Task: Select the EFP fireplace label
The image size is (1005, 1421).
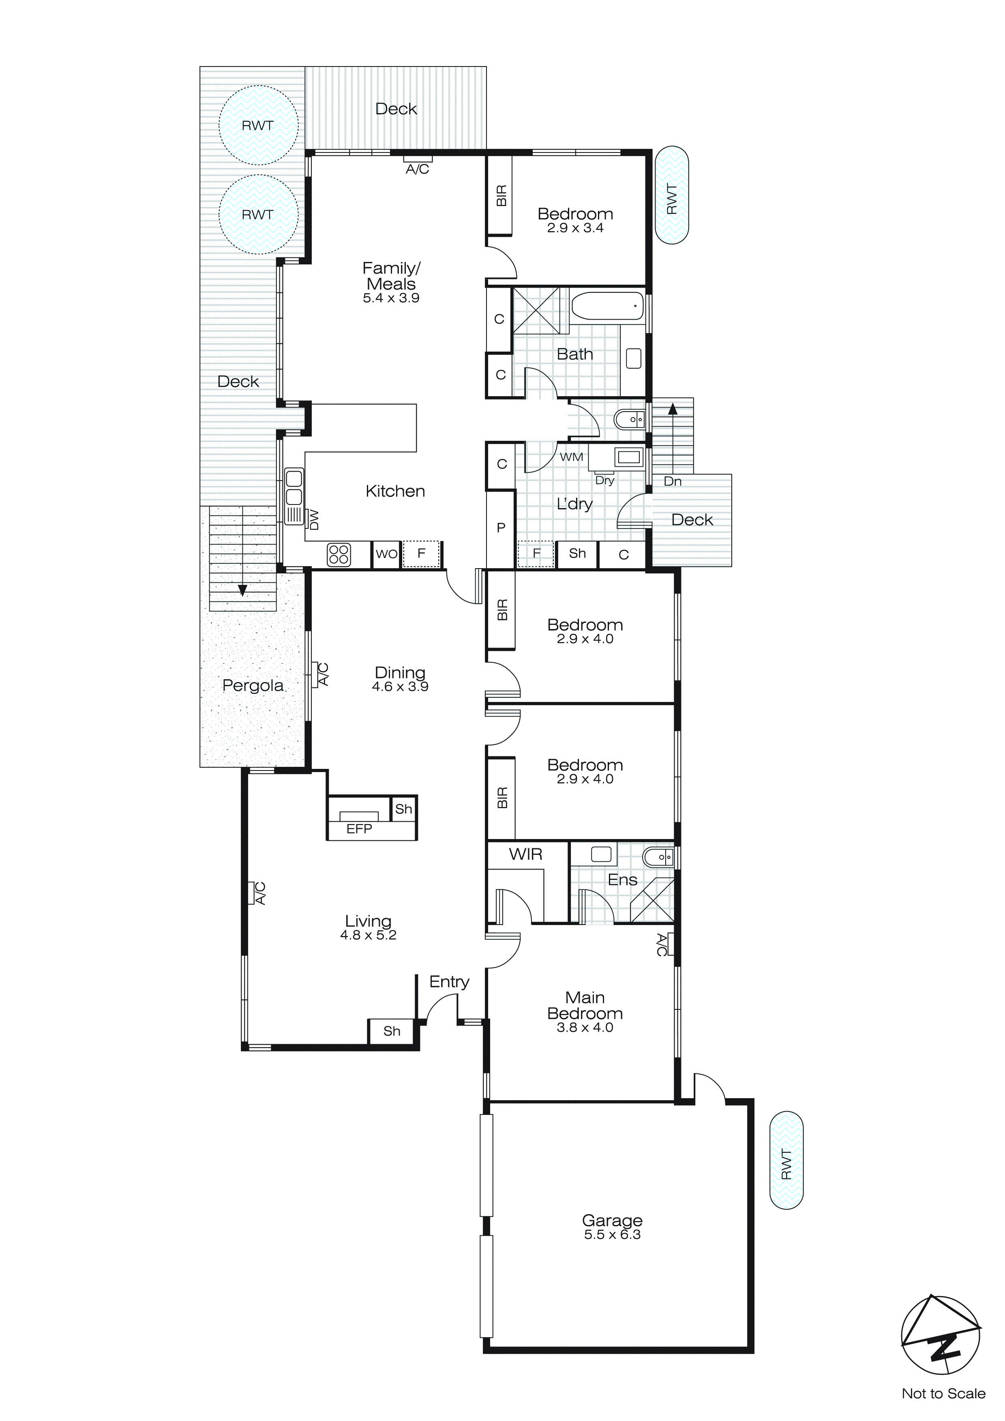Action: pyautogui.click(x=359, y=829)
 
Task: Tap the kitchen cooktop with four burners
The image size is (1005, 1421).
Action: pyautogui.click(x=339, y=554)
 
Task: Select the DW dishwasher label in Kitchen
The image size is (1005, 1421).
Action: pyautogui.click(x=314, y=519)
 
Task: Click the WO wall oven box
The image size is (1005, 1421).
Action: pyautogui.click(x=387, y=554)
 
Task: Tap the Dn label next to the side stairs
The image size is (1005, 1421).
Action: pyautogui.click(x=672, y=481)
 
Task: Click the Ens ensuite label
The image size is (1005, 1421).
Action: pyautogui.click(x=622, y=880)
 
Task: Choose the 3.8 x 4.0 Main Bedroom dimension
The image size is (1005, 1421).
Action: pyautogui.click(x=585, y=1027)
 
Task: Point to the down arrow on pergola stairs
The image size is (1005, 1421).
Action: pyautogui.click(x=242, y=589)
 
